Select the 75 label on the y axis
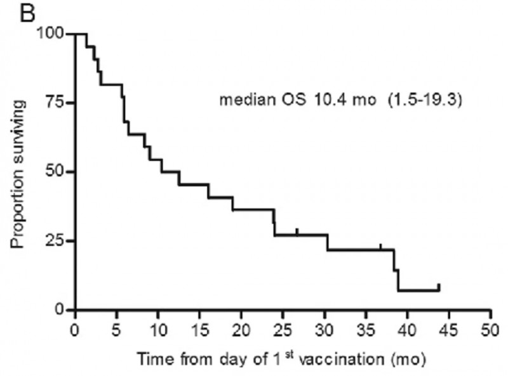59,102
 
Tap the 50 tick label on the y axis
59,172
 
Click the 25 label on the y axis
59,241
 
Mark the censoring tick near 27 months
297,231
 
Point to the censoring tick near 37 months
380,247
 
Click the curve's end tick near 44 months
439,287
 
